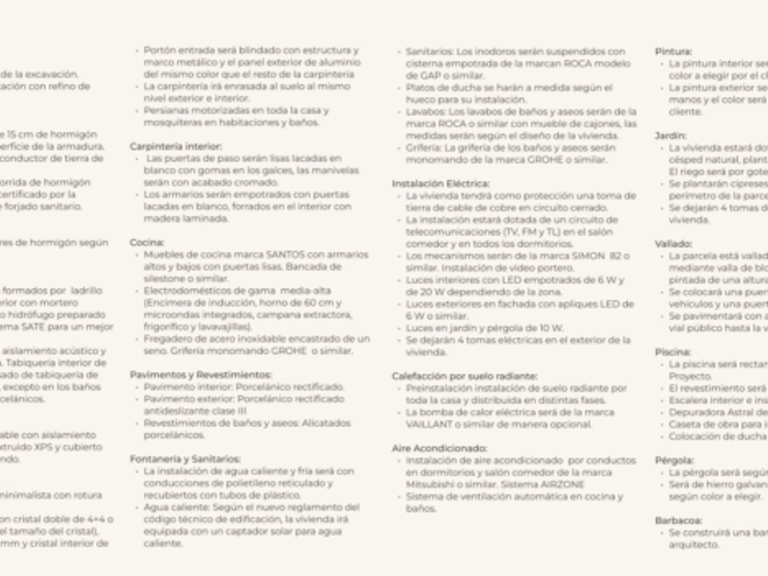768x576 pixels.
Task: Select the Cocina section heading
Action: [147, 242]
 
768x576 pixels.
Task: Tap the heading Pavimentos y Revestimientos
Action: [200, 375]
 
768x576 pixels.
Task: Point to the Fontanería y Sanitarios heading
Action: [185, 458]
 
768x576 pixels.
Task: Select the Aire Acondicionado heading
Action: [440, 448]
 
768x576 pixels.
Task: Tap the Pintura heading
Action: [674, 52]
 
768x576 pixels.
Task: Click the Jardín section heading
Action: [671, 135]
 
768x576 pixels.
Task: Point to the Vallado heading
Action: [674, 244]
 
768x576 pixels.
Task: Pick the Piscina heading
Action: [673, 351]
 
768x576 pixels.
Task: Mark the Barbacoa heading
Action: [677, 518]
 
